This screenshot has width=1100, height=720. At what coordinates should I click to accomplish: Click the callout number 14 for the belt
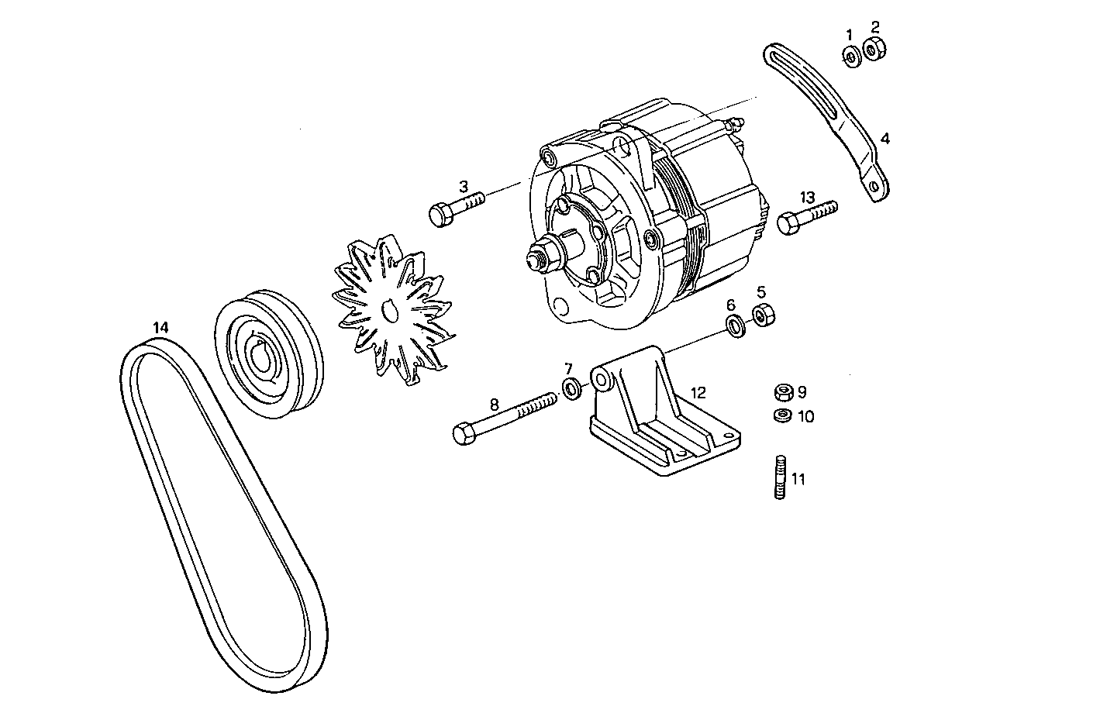point(160,327)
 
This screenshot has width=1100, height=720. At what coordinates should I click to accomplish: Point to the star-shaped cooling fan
point(391,311)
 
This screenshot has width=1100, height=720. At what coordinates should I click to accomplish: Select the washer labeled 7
point(571,388)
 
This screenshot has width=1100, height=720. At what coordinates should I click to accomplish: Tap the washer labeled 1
point(850,56)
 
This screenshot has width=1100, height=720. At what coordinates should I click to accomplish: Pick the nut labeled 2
point(874,50)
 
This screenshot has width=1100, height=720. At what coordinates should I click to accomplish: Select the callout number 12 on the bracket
point(698,392)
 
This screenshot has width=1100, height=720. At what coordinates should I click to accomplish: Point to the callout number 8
point(495,403)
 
